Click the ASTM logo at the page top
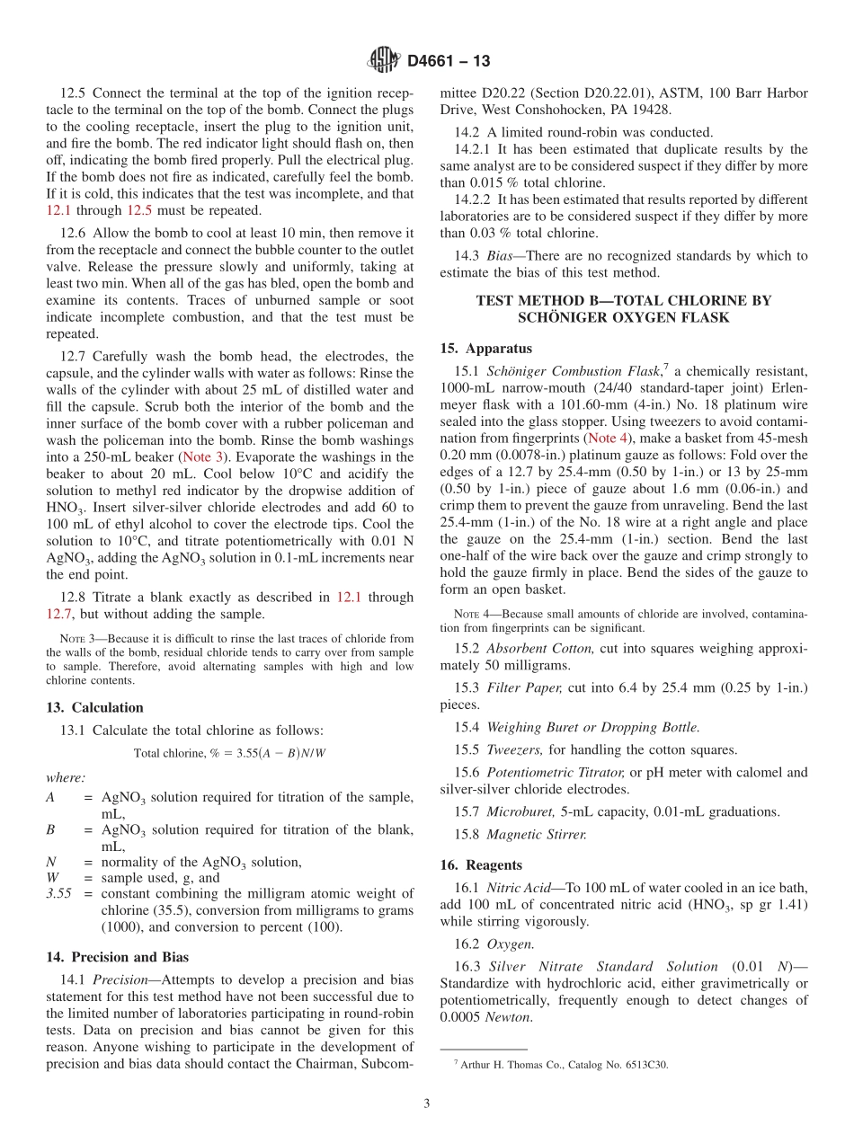tap(383, 60)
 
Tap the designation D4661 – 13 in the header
tap(449, 61)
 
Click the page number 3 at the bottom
tap(427, 1104)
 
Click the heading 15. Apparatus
tap(486, 348)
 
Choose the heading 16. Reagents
tap(481, 864)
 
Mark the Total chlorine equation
tap(229, 753)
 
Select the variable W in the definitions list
tap(52, 878)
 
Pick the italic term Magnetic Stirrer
tap(537, 835)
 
